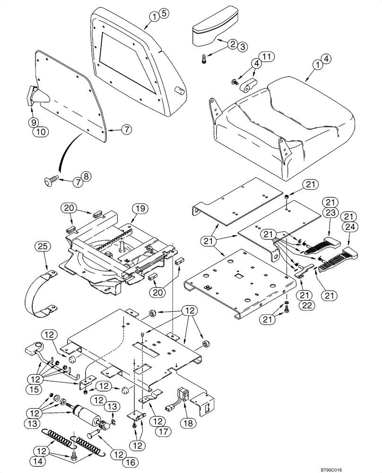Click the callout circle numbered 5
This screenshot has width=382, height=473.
click(163, 13)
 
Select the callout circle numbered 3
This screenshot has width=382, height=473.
click(242, 46)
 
